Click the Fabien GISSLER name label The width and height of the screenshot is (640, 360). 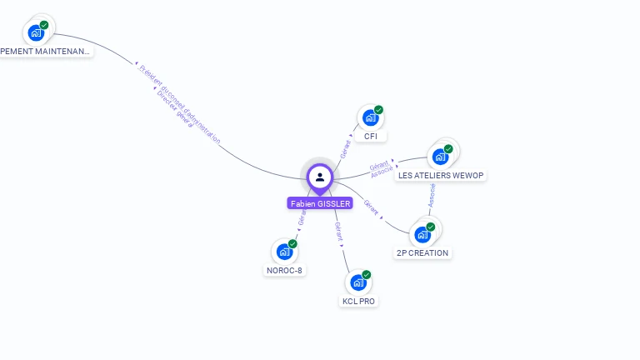coord(320,202)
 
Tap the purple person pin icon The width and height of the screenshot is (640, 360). coord(320,177)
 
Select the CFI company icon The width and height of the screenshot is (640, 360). coord(369,118)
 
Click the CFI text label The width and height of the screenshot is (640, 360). coord(371,136)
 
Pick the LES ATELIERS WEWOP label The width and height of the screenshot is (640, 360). coord(441,175)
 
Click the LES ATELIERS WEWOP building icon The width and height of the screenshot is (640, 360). coord(440,157)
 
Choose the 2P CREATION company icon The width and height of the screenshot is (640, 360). coord(422,234)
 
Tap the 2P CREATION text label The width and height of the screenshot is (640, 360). coord(422,252)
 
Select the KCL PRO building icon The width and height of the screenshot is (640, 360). coord(358,282)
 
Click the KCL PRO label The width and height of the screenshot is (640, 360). coord(359,301)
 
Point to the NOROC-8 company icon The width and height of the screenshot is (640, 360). coord(284,251)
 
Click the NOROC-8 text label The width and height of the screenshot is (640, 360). coord(284,270)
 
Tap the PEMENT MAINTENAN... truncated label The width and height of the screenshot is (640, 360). coord(46,52)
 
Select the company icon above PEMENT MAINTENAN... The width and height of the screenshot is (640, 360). coord(36,32)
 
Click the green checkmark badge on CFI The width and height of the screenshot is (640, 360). coord(378,110)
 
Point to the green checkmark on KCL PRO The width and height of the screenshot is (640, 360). coord(367,274)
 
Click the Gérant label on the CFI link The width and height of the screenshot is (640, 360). coord(346,149)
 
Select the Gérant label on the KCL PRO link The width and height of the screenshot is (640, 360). coord(338,230)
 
